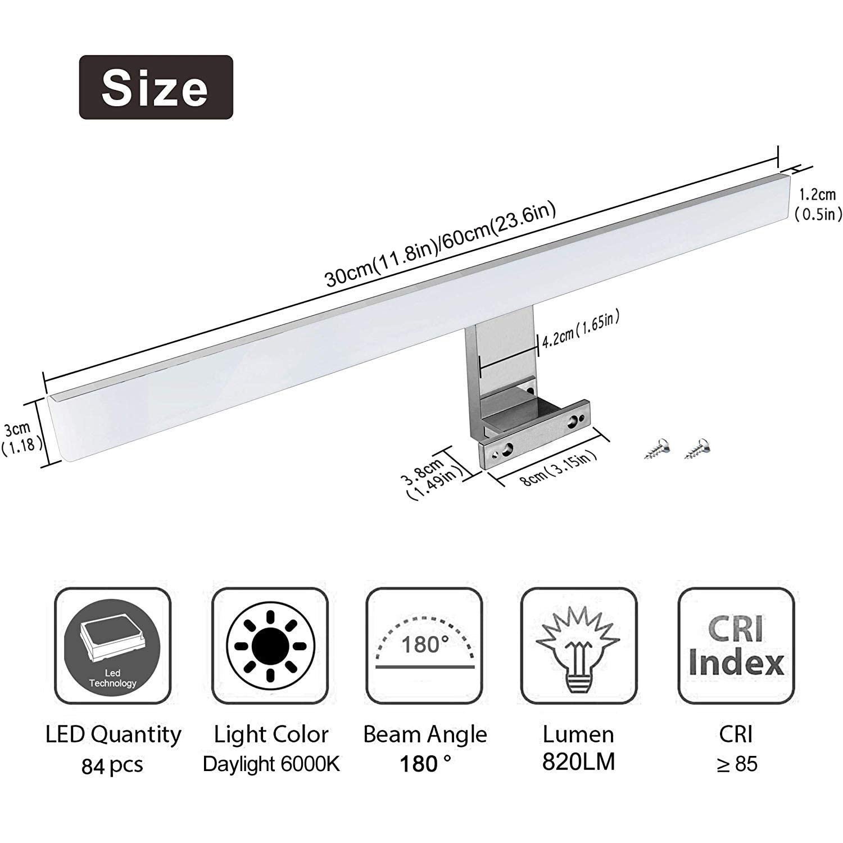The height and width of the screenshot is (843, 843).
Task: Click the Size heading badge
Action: click(x=156, y=87)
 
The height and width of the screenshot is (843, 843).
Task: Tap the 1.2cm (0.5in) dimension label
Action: click(x=818, y=204)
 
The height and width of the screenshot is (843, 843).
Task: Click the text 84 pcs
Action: click(x=112, y=765)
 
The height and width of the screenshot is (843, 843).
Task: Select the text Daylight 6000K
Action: click(x=271, y=764)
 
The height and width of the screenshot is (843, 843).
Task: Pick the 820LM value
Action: click(x=579, y=762)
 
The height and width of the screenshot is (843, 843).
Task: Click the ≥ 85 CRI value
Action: click(x=737, y=764)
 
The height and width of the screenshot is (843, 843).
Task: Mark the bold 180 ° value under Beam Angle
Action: click(x=425, y=764)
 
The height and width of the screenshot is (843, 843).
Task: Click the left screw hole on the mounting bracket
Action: click(x=507, y=448)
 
